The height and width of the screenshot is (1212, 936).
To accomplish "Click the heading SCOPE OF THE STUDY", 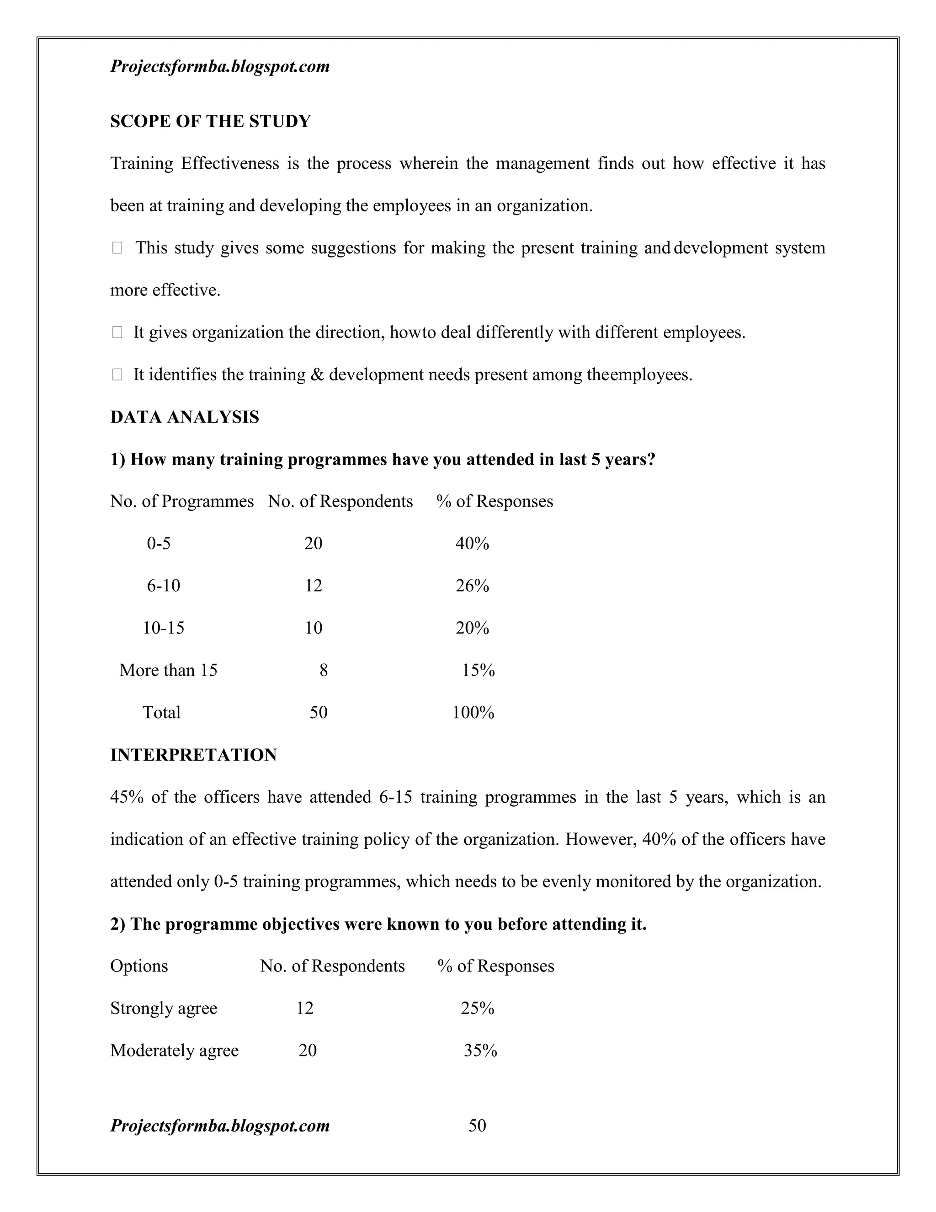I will coord(210,121).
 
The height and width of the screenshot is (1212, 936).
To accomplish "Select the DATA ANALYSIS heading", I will coord(184,417).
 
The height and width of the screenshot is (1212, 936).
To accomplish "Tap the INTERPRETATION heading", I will coord(193,755).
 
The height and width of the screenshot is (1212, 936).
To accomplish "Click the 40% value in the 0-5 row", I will coord(472,543).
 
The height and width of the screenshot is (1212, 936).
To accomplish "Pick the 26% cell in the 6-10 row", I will coord(472,585).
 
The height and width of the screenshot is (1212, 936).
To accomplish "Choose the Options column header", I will coord(138,965).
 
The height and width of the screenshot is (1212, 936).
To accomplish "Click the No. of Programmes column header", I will coord(181,501).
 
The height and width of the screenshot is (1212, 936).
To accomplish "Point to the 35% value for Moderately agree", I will coord(480,1050).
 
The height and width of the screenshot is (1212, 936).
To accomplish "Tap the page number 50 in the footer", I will coord(477,1126).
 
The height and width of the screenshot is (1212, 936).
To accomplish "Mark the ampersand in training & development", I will coord(317,375).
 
